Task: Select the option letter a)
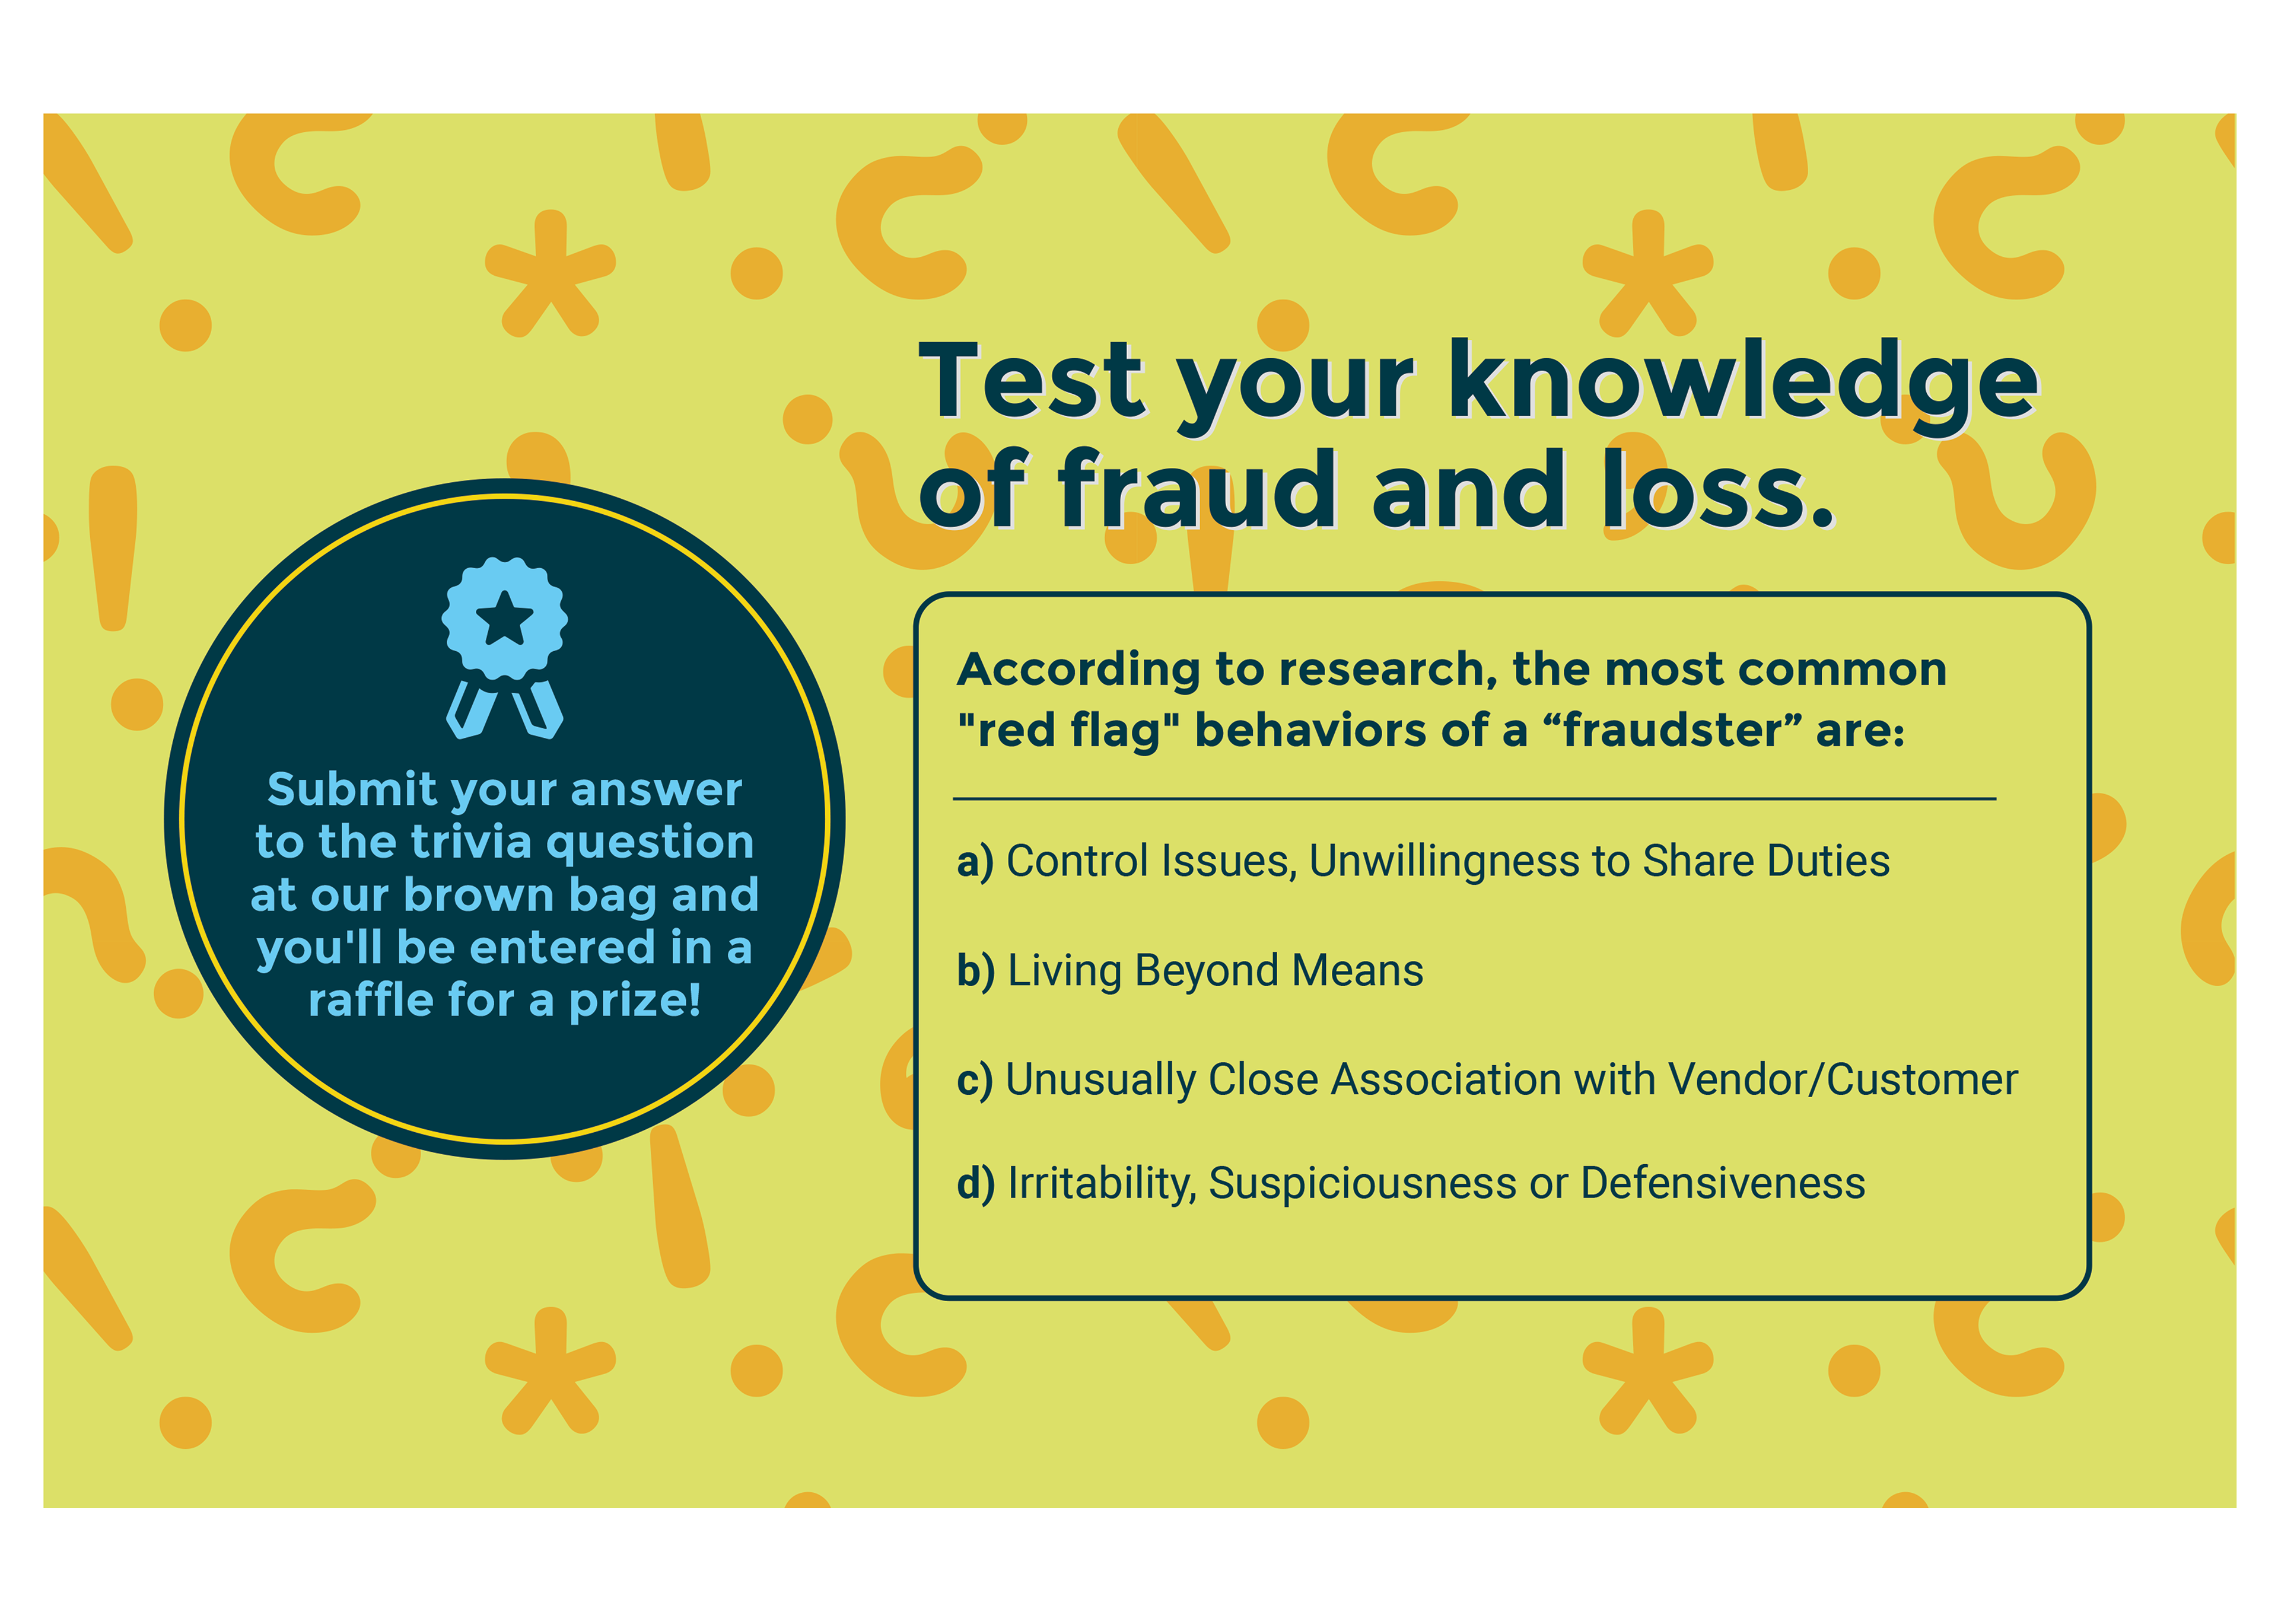(975, 862)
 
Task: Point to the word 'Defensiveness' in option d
(1723, 1183)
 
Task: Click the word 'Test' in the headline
(1032, 380)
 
